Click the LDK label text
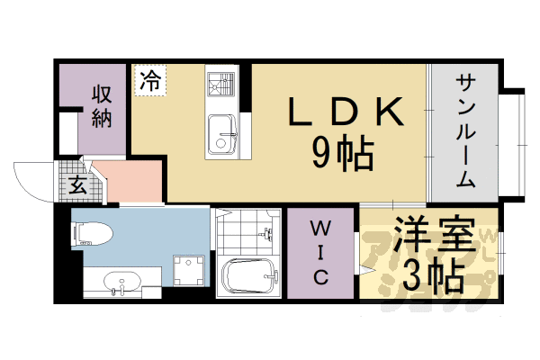point(343,112)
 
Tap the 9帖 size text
point(343,157)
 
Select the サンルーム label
point(466,130)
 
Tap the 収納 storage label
point(101,105)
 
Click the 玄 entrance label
point(77,186)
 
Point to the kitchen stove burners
point(219,85)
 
